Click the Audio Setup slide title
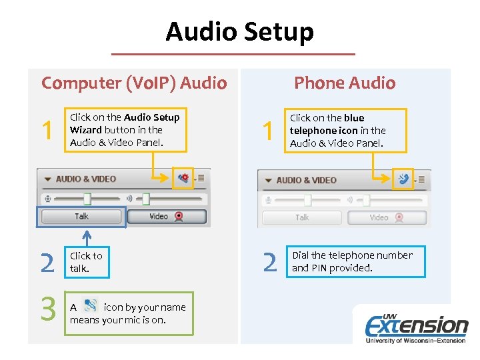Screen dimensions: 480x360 (239, 31)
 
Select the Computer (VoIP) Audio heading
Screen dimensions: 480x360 (134, 83)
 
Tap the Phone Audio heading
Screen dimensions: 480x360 (345, 83)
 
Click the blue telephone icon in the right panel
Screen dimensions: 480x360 (403, 179)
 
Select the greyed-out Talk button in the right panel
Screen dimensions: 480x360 (301, 217)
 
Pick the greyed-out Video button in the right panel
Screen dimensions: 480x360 (386, 217)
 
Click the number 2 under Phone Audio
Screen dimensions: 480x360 (269, 262)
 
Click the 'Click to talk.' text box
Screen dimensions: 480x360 (86, 262)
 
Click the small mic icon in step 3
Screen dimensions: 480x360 (91, 306)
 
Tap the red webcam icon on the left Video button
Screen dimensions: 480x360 (178, 216)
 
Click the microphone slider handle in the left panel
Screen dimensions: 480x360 (87, 198)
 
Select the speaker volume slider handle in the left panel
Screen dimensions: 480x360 (145, 198)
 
